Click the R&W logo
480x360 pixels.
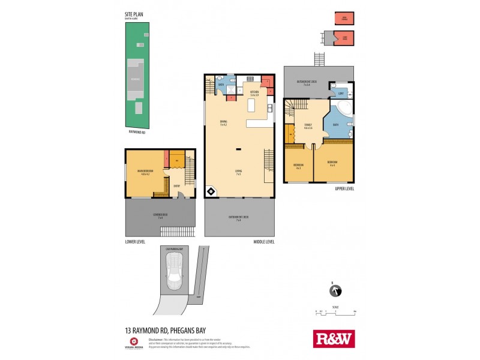pyautogui.click(x=334, y=338)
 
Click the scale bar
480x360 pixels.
pyautogui.click(x=336, y=313)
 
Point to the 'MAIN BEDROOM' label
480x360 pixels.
pyautogui.click(x=145, y=172)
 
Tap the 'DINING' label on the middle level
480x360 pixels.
pyautogui.click(x=223, y=122)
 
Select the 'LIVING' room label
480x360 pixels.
pyautogui.click(x=238, y=172)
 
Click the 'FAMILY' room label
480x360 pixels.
pyautogui.click(x=308, y=125)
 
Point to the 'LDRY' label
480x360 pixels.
pyautogui.click(x=341, y=94)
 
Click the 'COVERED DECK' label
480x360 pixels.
pyautogui.click(x=160, y=216)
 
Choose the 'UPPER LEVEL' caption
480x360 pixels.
pyautogui.click(x=344, y=188)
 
